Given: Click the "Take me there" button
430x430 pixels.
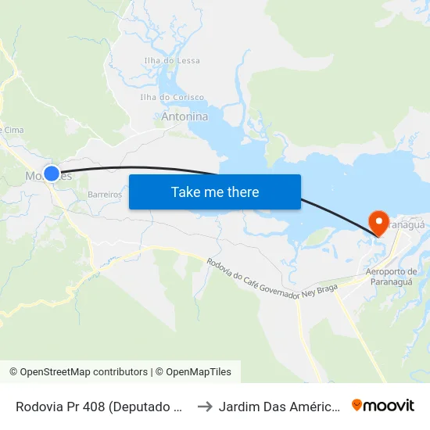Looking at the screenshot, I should [x=215, y=192].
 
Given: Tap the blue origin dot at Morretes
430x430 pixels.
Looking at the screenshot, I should [x=52, y=174].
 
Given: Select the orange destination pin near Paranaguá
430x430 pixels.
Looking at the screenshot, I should [x=380, y=221].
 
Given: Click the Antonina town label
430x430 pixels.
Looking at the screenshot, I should [x=185, y=117].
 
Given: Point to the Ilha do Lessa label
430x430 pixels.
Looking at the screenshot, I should [x=172, y=61].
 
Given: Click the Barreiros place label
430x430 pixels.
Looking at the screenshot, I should [x=105, y=194].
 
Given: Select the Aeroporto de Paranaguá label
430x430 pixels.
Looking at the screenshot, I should [x=391, y=277].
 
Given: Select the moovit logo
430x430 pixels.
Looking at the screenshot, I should [x=383, y=406].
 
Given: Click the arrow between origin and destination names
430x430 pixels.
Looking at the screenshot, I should [x=205, y=407].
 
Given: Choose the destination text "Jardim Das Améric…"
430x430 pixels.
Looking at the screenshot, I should [x=278, y=407].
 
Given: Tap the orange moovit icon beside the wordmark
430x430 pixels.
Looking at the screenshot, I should [x=357, y=406].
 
